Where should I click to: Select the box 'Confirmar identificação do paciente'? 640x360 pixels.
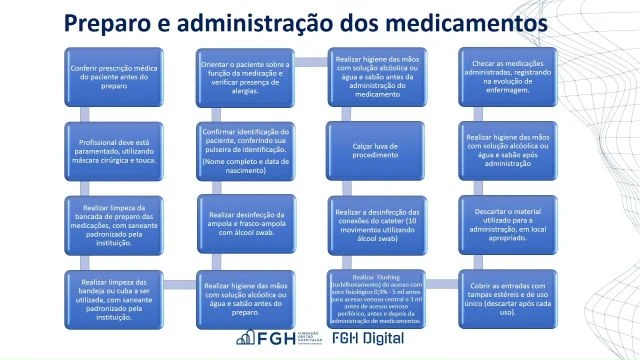tap(246, 151)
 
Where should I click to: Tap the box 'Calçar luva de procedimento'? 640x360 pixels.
tap(376, 151)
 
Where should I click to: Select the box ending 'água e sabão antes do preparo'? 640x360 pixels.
tap(246, 297)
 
